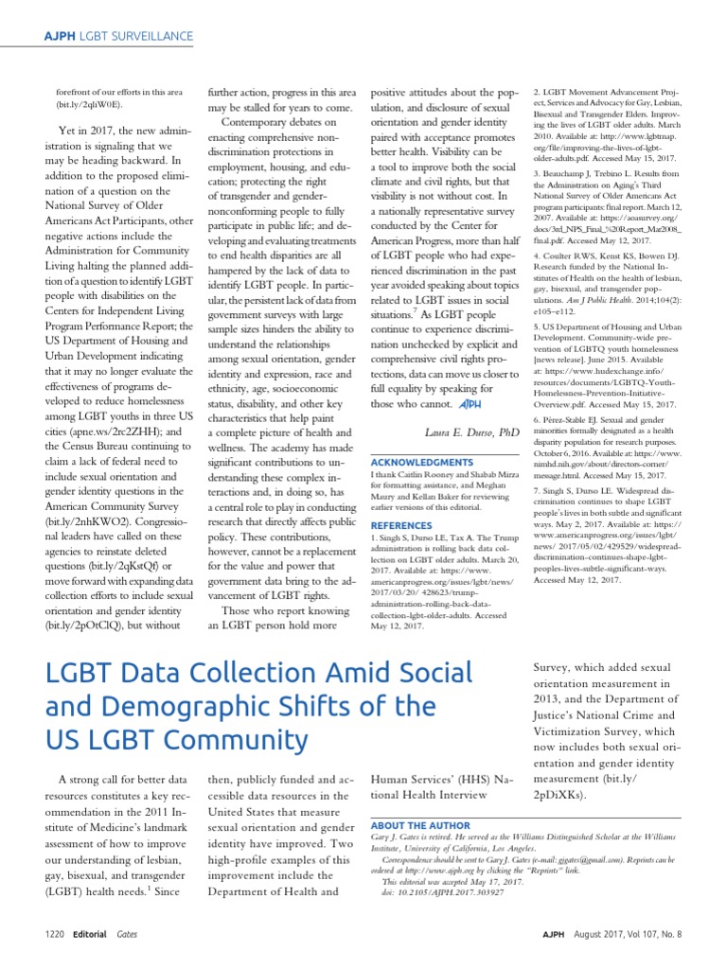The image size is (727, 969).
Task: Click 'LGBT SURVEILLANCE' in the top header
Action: coord(138,36)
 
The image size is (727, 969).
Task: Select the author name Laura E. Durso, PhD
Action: coord(472,431)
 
